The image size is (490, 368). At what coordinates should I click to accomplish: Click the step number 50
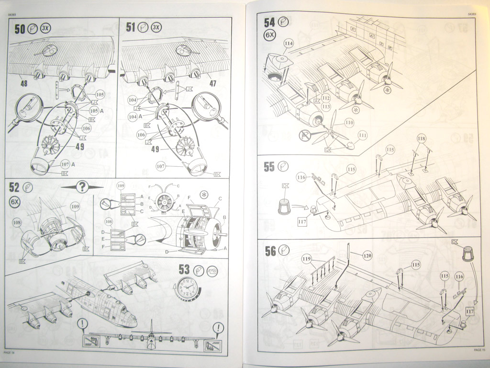coord(20,29)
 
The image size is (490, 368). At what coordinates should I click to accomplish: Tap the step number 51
coord(131,27)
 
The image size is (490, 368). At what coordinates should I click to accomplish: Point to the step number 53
coord(184,270)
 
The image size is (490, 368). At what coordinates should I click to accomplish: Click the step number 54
coord(270,23)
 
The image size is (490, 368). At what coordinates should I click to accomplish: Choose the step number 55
coord(269,167)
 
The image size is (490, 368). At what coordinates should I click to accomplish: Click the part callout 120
coord(367,255)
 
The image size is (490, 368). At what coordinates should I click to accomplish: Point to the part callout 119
coord(306,259)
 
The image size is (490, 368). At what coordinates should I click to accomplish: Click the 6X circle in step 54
coord(270,35)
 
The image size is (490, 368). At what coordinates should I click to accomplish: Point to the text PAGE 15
coord(479,350)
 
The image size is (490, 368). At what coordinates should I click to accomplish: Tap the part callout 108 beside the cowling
coord(17,222)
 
